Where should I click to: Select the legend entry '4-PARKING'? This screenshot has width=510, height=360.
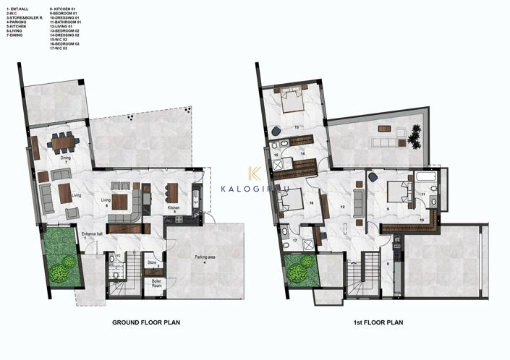[17, 22]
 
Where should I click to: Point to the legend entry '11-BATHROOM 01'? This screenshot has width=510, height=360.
[64, 22]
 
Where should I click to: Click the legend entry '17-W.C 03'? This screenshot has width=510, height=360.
[61, 48]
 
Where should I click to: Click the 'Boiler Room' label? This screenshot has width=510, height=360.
[156, 284]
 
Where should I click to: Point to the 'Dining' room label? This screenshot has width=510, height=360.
[66, 158]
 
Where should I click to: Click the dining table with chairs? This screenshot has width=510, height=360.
[64, 143]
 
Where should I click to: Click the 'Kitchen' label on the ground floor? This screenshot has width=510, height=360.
[174, 208]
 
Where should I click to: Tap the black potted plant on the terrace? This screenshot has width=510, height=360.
[415, 135]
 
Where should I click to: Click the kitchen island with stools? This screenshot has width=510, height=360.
[174, 192]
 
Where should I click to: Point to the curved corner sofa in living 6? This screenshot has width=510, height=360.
[133, 207]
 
